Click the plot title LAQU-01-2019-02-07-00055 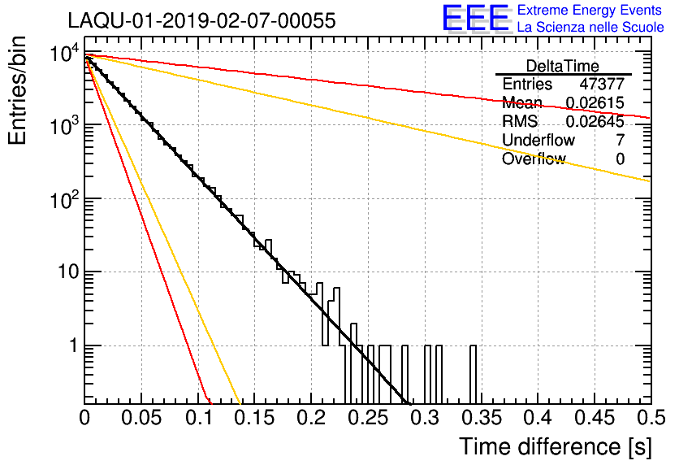(x=201, y=20)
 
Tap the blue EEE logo (x=475, y=18)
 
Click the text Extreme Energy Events (x=590, y=10)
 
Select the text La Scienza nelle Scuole (x=590, y=28)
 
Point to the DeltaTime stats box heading (x=563, y=66)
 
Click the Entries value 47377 (x=602, y=84)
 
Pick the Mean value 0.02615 (x=595, y=102)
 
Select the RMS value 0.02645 (x=595, y=121)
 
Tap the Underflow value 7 (x=620, y=140)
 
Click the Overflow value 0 (x=620, y=159)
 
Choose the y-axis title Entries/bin (x=17, y=90)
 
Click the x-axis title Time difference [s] (x=556, y=446)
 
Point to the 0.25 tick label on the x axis (x=369, y=418)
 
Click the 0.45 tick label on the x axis (x=595, y=418)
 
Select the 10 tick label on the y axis (x=67, y=272)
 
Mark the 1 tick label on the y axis (x=73, y=345)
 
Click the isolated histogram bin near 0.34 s (x=473, y=375)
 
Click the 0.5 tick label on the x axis (x=651, y=418)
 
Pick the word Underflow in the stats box (x=538, y=140)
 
